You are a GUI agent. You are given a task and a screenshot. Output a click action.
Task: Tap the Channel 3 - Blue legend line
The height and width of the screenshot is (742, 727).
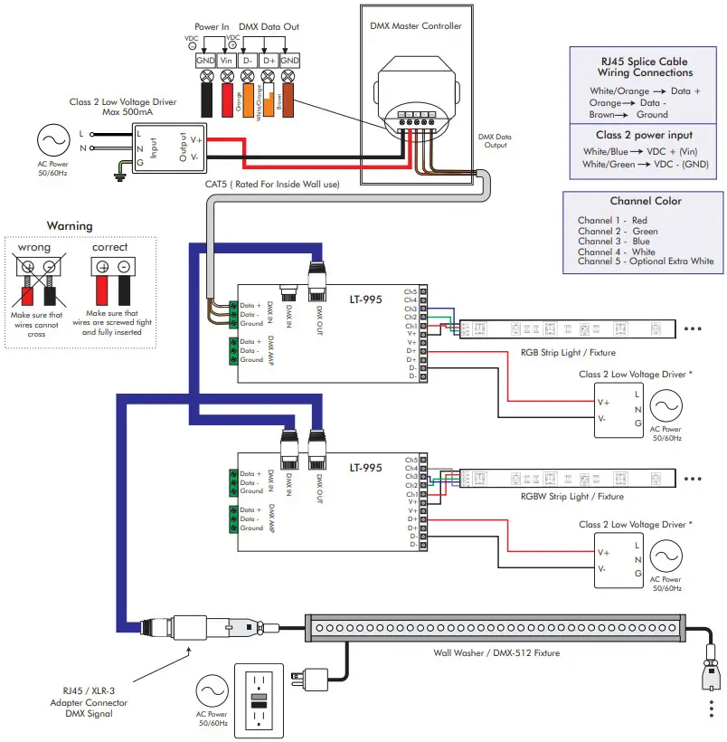616,242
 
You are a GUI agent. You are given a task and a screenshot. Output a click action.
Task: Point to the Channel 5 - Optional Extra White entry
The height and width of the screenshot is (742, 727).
646,262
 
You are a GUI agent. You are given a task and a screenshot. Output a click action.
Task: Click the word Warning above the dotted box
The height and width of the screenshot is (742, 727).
70,225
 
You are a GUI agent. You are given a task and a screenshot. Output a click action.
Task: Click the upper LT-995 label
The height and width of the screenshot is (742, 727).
366,297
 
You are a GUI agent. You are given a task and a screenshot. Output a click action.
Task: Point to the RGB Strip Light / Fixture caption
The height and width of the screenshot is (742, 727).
571,353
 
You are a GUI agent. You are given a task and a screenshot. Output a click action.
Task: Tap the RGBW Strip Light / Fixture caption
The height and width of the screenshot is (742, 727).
572,496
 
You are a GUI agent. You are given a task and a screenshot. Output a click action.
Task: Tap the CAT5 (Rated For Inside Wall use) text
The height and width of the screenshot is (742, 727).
272,184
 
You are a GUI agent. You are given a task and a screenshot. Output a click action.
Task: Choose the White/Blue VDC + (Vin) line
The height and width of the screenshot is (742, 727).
639,151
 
